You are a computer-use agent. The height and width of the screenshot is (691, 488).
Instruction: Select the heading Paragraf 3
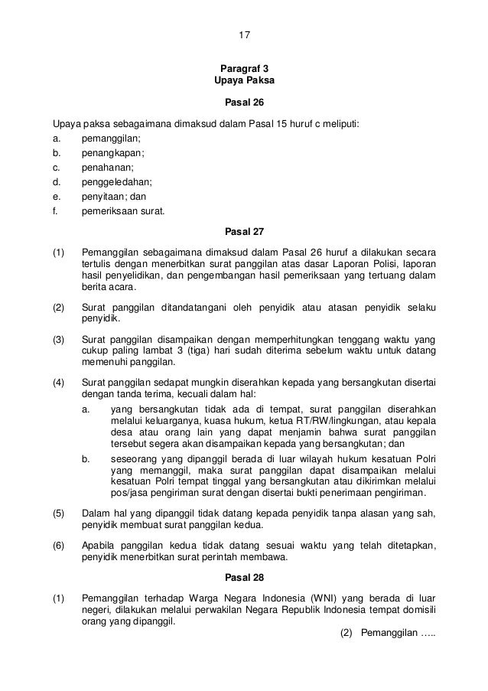tap(244, 67)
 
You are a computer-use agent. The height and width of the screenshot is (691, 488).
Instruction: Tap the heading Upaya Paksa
tap(244, 80)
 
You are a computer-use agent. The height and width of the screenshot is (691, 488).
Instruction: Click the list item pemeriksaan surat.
tap(122, 210)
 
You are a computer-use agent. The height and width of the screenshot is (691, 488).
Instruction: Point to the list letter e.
tap(55, 196)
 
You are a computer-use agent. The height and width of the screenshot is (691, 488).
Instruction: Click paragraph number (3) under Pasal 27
tap(59, 339)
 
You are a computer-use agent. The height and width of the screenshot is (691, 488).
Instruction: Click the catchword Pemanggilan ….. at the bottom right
tap(386, 634)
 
